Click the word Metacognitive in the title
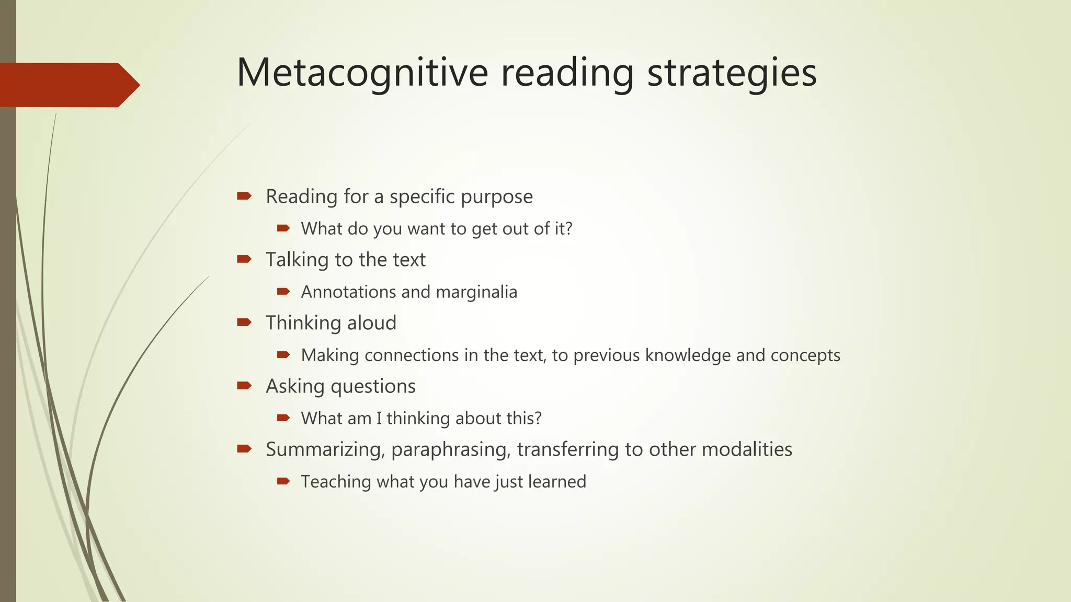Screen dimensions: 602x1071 362,73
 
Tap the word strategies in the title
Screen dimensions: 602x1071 732,73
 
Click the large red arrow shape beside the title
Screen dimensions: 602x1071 68,85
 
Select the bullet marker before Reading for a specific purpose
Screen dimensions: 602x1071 244,196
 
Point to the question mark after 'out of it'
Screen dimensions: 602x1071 568,228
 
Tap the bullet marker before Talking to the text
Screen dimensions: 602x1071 244,259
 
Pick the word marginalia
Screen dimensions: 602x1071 476,292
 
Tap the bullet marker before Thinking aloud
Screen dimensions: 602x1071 244,322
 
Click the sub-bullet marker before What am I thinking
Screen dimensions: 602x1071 283,418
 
